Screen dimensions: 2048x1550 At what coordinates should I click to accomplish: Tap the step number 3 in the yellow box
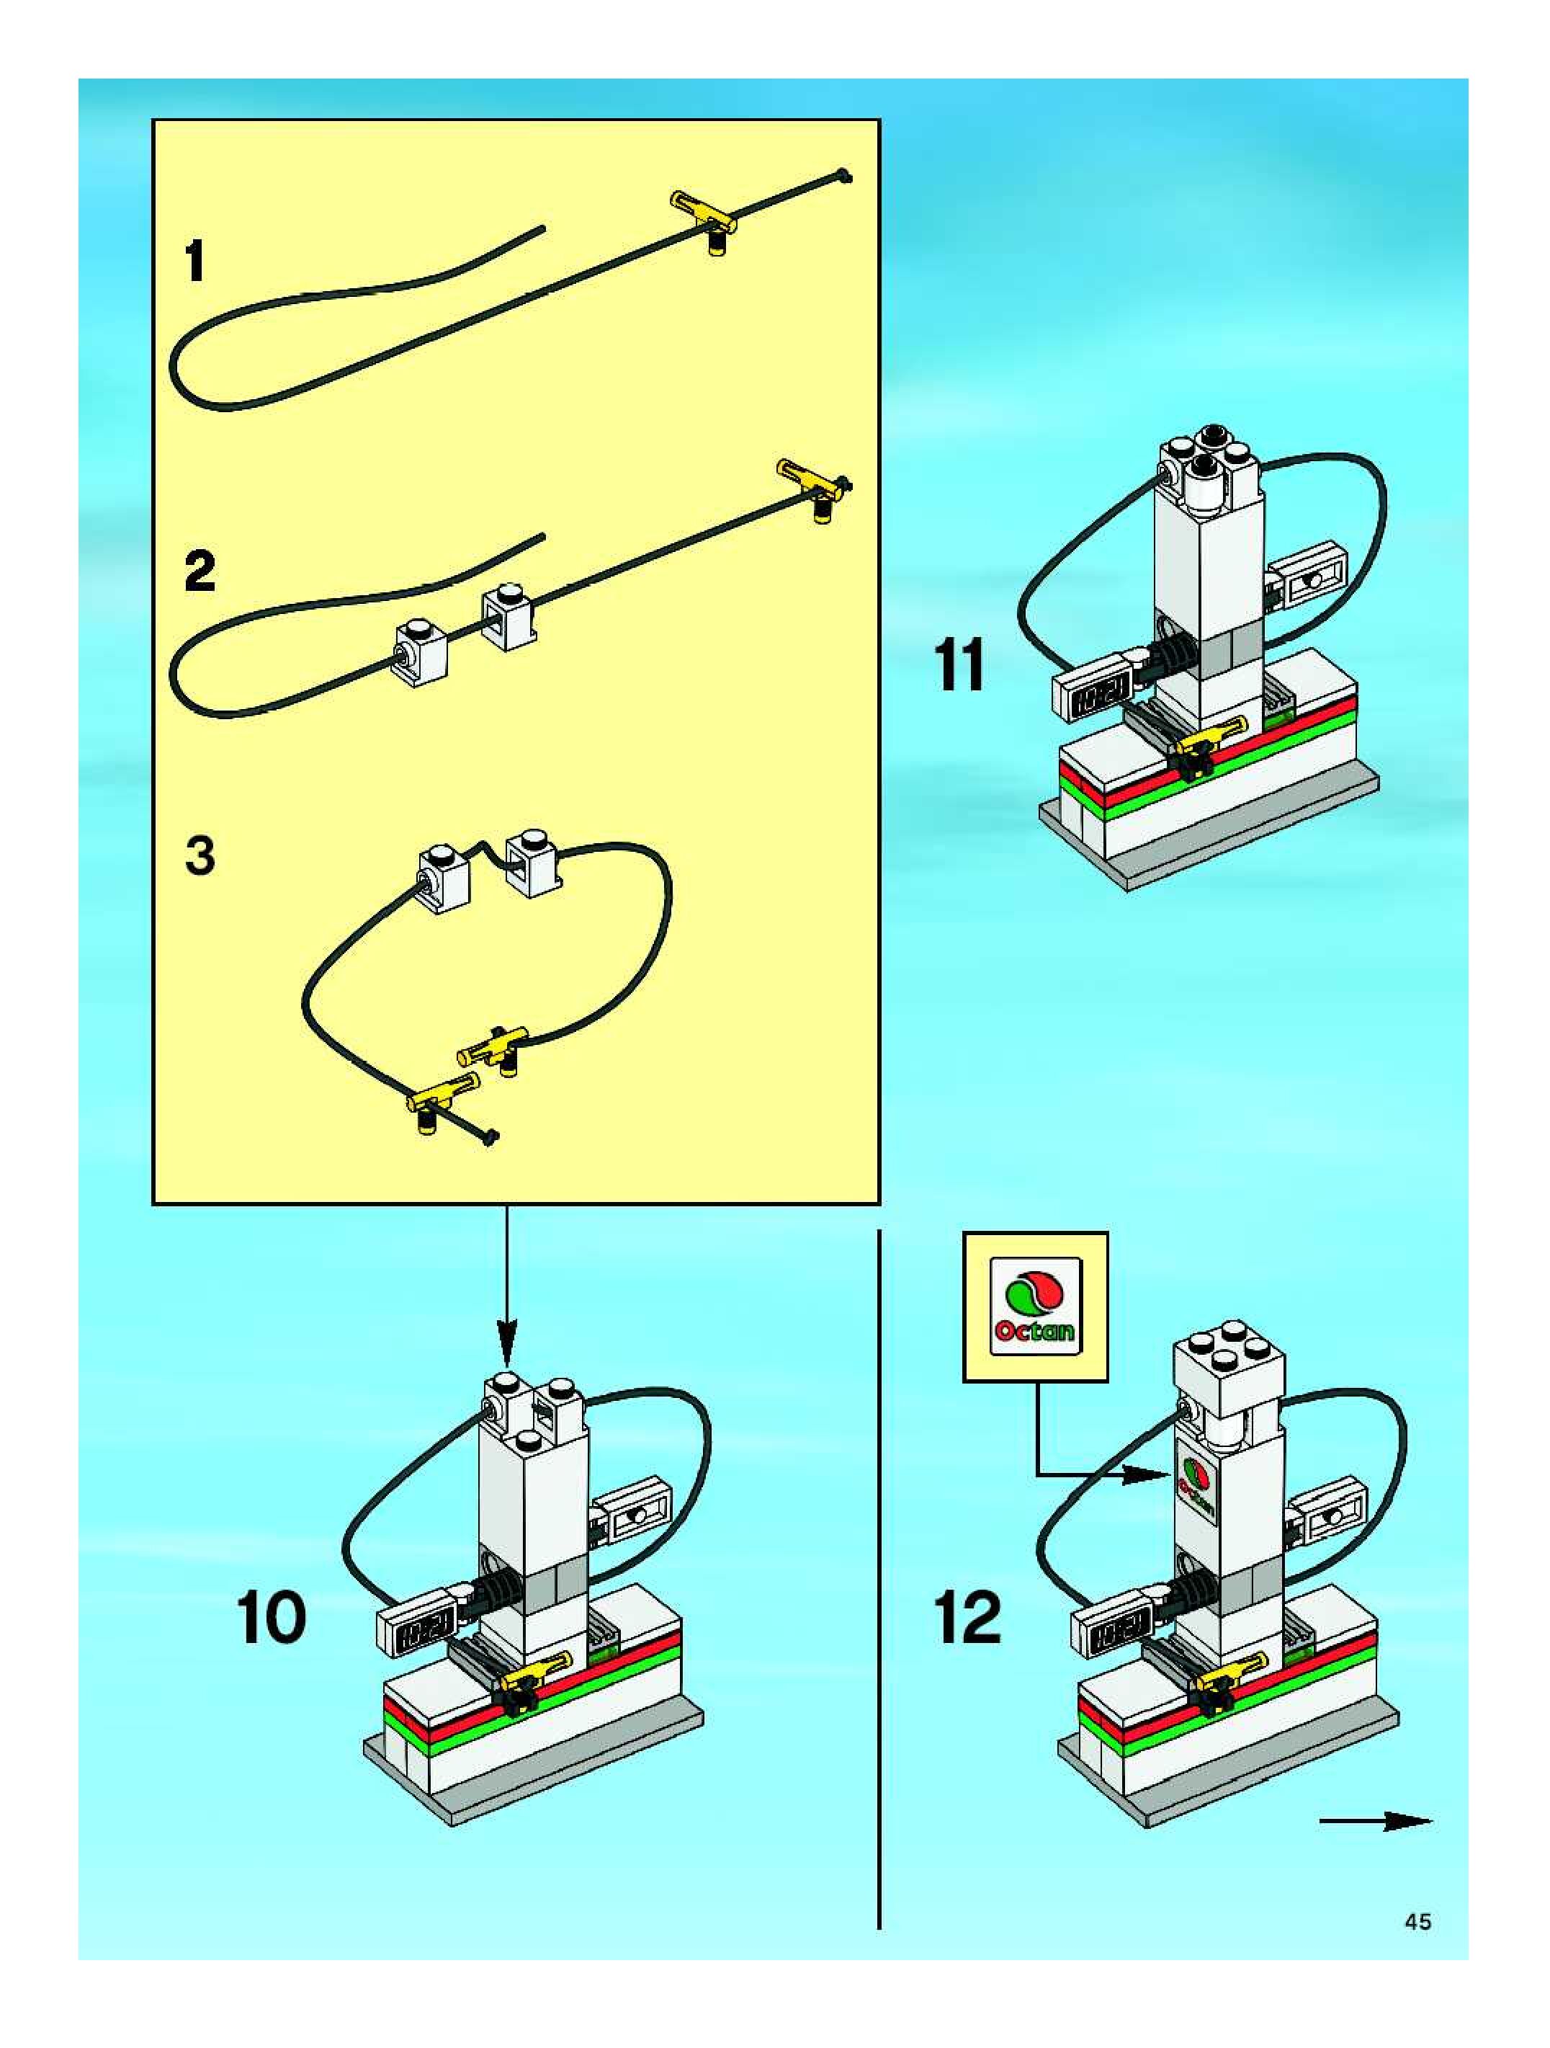[x=200, y=855]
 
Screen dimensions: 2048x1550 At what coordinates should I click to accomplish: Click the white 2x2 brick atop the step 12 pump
[x=1229, y=1377]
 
